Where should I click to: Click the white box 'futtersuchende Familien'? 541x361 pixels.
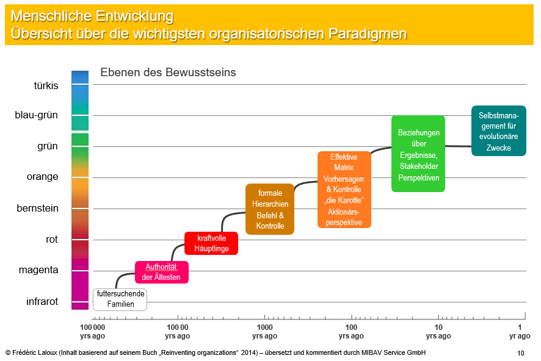120,299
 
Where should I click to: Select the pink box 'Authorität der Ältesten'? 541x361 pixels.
161,272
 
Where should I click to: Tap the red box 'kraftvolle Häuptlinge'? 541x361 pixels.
211,243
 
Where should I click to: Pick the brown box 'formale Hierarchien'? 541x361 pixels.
270,209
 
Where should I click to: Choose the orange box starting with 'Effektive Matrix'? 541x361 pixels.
344,190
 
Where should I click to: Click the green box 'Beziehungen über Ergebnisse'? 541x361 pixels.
418,154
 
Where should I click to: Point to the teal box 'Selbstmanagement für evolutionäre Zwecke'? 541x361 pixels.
498,131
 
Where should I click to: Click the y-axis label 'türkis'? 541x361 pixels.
46,85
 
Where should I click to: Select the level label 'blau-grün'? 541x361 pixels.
36,115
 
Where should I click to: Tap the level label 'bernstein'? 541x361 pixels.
37,208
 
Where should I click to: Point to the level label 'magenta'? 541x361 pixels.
38,270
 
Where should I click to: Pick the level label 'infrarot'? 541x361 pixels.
42,301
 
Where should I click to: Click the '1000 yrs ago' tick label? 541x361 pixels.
264,331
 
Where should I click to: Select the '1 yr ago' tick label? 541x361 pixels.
520,331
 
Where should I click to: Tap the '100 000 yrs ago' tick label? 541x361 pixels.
92,331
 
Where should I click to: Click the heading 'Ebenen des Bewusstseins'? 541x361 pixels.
168,73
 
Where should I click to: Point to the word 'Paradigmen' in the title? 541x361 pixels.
368,34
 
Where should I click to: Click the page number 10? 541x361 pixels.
521,353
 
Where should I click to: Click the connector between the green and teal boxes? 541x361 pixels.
458,146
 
